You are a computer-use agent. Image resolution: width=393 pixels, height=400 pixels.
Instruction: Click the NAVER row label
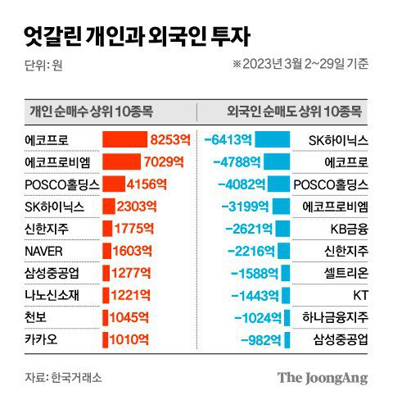(44, 251)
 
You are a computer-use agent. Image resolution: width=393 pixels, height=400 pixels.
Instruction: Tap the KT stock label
(359, 294)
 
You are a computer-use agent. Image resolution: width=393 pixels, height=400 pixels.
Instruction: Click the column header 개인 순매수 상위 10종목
(91, 112)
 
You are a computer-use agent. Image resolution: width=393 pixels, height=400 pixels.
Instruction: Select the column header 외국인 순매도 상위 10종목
(296, 112)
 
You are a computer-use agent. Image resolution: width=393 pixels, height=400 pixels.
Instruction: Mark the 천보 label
(36, 316)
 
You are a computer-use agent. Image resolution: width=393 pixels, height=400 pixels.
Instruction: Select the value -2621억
(245, 229)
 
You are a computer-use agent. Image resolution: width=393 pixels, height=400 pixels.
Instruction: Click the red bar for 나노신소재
(107, 294)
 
